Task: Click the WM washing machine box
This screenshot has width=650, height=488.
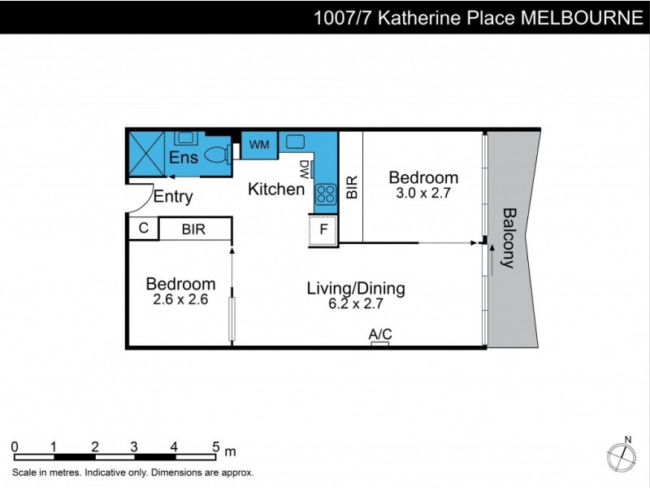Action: click(x=259, y=145)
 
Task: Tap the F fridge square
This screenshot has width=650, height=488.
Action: click(x=323, y=229)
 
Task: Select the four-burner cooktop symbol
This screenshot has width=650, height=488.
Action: click(x=326, y=194)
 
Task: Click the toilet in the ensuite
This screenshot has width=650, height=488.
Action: click(x=215, y=154)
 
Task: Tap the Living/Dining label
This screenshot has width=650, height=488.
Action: click(x=355, y=288)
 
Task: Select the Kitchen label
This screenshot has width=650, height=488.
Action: click(x=276, y=190)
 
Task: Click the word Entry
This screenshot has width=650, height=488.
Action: click(x=173, y=196)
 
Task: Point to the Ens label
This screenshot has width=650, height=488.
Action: click(x=184, y=157)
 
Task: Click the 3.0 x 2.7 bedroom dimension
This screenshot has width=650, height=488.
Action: click(x=422, y=194)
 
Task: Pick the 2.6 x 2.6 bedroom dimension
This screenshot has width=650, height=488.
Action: click(x=180, y=299)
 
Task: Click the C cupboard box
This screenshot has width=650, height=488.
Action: click(x=143, y=229)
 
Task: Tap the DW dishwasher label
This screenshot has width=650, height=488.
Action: click(x=305, y=169)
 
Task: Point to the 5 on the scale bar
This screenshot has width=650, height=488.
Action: click(x=215, y=447)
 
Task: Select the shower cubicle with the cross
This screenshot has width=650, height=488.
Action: click(x=146, y=153)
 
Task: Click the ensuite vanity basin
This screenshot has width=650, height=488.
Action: click(x=186, y=138)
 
